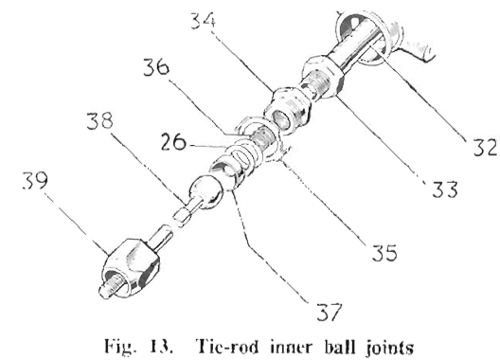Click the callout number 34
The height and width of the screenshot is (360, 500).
coord(203,21)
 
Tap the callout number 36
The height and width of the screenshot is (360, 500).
coord(156,67)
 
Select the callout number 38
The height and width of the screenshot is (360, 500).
coord(99,120)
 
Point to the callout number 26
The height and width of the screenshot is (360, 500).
coord(173,142)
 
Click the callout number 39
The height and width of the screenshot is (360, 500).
coord(35,180)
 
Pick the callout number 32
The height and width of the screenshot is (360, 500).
coord(486,147)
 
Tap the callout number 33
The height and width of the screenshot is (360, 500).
coord(445,189)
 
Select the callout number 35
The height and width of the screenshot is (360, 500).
coord(384,252)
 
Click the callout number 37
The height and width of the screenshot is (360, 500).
coord(330,312)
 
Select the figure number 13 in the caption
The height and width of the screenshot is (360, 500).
coord(163,347)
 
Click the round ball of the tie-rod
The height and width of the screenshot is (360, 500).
coord(206,191)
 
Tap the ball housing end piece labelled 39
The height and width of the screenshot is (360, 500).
coord(130,267)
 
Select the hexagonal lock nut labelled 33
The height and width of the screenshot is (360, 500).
coord(322,77)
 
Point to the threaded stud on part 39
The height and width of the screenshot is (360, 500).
coord(111,287)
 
